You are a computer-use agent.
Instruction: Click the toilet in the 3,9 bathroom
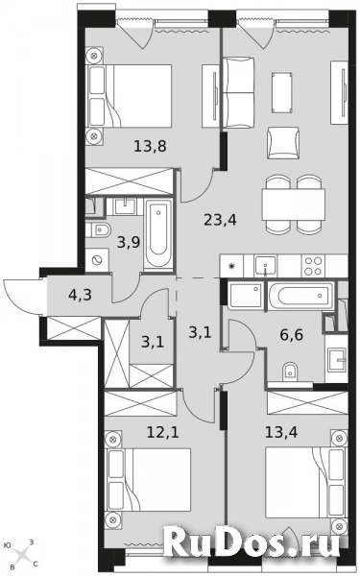(x=100, y=229)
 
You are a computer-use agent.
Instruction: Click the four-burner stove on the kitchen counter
(x=315, y=263)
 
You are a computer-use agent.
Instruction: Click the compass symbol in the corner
(x=21, y=553)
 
